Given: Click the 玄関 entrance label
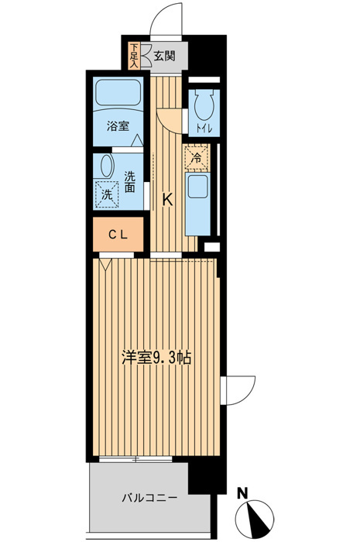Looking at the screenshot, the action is point(164,56).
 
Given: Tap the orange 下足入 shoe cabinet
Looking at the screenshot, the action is point(135,56).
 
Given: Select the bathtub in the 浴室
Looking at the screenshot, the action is point(118,94).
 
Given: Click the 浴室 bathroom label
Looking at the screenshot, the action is point(118,126).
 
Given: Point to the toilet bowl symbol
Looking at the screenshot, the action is point(204,105).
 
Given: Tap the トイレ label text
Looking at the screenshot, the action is point(204,129).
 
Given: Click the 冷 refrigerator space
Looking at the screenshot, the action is point(197,158).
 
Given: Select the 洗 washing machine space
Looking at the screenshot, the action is point(107,194).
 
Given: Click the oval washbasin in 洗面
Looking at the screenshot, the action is point(107,166).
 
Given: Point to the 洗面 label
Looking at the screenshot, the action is point(129,181).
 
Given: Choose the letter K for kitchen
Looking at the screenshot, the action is point(167,200).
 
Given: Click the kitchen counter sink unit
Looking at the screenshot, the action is point(197,204).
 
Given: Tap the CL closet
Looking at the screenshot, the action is point(118,235).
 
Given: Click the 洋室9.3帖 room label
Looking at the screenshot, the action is point(156,358).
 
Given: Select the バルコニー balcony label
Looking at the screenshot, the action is point(149,498).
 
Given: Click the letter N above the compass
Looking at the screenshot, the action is point(243,493).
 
